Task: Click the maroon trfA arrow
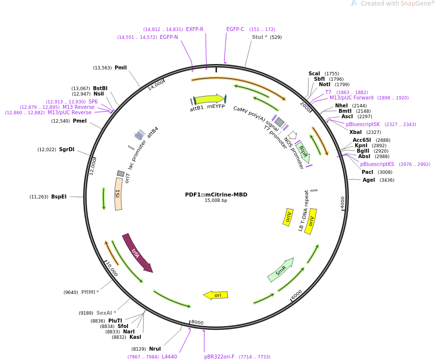tap(137, 253)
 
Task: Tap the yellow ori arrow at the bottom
tap(216, 295)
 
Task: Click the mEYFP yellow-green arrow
tap(210, 99)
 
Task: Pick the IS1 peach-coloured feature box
tap(119, 194)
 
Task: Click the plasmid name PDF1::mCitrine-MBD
tap(216, 195)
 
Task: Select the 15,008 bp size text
tap(216, 200)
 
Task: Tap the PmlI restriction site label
tap(121, 68)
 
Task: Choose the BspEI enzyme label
tap(59, 197)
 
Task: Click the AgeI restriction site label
tap(369, 180)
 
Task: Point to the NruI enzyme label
tap(155, 349)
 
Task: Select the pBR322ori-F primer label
tap(219, 357)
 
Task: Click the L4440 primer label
tap(169, 357)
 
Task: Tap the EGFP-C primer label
tap(235, 29)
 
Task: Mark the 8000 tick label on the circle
tap(197, 322)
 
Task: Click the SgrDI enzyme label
tap(66, 150)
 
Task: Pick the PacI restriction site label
tap(367, 172)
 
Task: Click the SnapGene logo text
tap(397, 3)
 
